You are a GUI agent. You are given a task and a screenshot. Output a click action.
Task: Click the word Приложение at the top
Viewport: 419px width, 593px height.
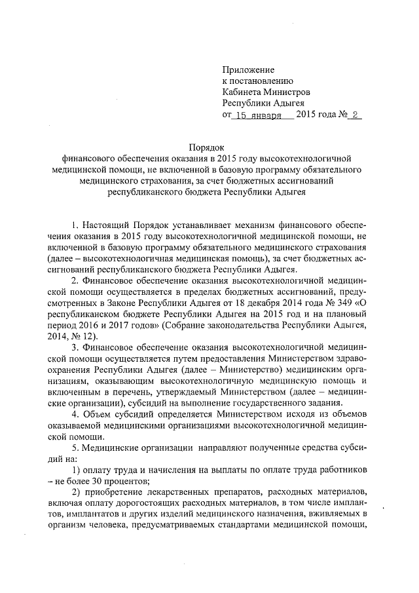pos(248,69)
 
